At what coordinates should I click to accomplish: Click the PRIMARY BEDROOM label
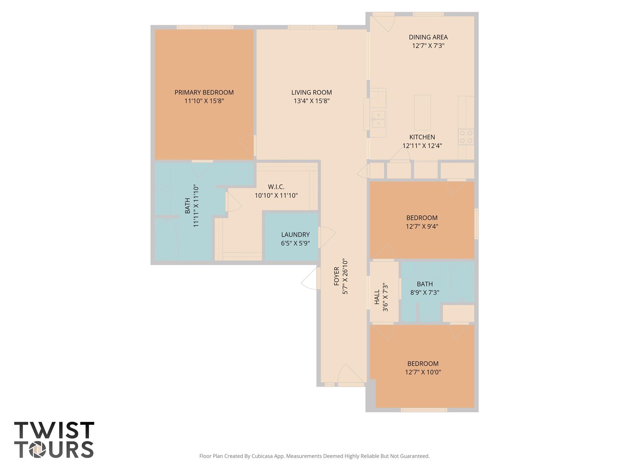[x=204, y=92]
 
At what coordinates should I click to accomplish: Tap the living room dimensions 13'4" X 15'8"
[x=311, y=101]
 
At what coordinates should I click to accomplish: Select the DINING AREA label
[x=428, y=37]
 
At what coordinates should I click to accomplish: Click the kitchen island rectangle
[x=422, y=112]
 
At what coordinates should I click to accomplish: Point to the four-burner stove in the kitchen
[x=466, y=137]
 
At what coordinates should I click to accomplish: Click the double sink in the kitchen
[x=378, y=119]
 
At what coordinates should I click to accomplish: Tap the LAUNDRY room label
[x=295, y=235]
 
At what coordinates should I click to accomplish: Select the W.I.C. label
[x=276, y=187]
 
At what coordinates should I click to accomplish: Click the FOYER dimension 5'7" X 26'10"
[x=345, y=277]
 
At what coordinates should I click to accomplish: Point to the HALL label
[x=377, y=297]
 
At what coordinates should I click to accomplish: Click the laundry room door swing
[x=327, y=237]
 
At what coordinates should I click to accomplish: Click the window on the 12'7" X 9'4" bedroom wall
[x=476, y=224]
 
